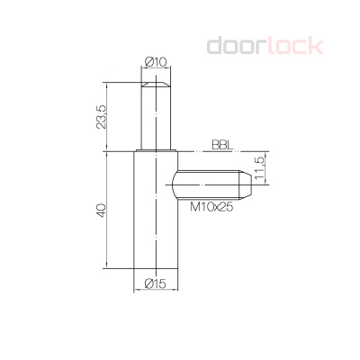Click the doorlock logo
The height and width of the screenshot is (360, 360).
click(x=265, y=45)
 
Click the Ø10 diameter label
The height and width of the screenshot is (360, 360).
click(x=156, y=62)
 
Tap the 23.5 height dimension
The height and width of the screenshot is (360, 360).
click(x=103, y=115)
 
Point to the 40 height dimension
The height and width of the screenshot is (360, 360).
click(x=103, y=209)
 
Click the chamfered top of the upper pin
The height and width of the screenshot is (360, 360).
click(x=156, y=82)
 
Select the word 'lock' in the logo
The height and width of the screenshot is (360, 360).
click(x=292, y=45)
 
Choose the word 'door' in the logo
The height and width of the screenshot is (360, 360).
click(x=235, y=45)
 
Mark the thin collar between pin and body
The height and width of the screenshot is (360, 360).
click(x=156, y=150)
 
